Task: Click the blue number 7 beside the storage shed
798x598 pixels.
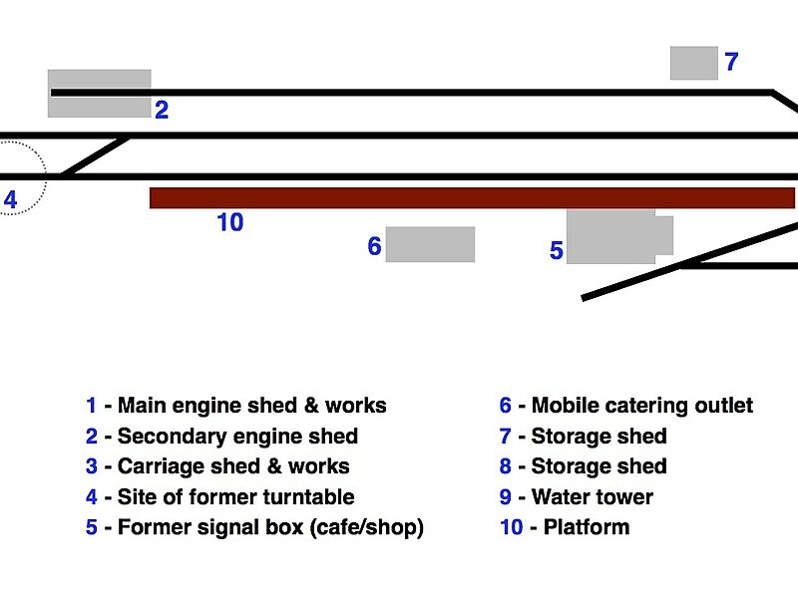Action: [731, 63]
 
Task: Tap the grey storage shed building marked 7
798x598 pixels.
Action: [693, 63]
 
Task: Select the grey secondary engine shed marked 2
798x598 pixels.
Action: [99, 81]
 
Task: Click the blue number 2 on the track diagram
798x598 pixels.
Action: [161, 111]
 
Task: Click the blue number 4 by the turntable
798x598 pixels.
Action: [10, 200]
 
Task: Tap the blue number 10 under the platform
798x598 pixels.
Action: [229, 223]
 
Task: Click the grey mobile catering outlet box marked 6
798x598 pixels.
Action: [430, 244]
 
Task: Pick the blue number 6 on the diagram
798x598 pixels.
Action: [374, 246]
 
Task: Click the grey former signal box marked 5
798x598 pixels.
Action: [611, 236]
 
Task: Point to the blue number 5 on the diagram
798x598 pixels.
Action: [557, 251]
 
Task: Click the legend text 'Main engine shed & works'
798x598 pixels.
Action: [251, 406]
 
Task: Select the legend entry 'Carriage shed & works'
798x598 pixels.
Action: [233, 466]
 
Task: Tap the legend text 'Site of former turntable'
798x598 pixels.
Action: [235, 496]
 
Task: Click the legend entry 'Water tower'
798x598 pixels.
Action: [593, 496]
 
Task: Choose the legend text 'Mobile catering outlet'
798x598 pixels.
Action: [642, 406]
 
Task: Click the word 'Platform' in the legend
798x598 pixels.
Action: [587, 526]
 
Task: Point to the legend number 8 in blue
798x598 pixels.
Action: [506, 466]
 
